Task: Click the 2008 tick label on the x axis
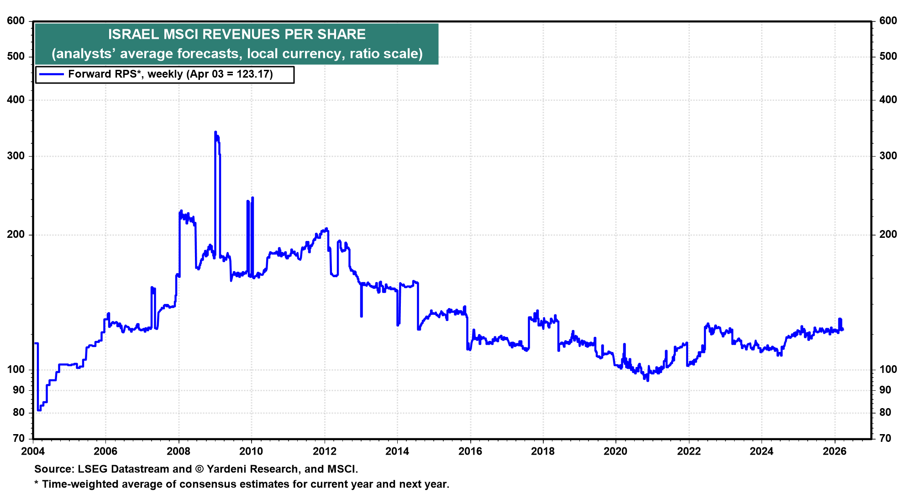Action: click(x=178, y=451)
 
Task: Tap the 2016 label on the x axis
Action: click(x=470, y=451)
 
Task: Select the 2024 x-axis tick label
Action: click(x=762, y=451)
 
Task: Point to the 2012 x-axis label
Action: click(x=324, y=451)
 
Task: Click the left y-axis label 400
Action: click(x=16, y=100)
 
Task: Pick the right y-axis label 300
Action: click(x=888, y=156)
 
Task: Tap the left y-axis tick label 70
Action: click(x=19, y=438)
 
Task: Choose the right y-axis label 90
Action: click(x=885, y=390)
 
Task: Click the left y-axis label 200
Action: click(x=16, y=235)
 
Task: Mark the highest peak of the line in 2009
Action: click(x=215, y=132)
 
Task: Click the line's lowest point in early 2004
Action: click(x=39, y=410)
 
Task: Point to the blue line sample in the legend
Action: click(x=51, y=74)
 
